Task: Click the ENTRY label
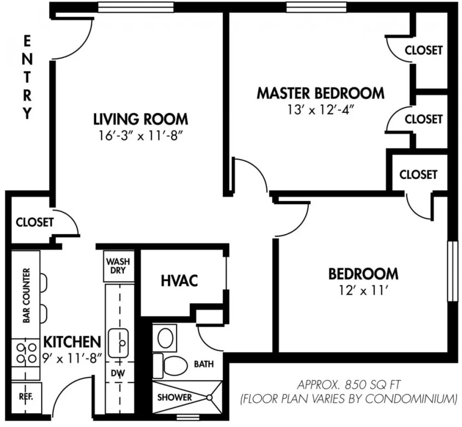click(27, 77)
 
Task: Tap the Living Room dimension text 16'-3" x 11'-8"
click(141, 136)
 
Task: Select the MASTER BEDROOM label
click(320, 93)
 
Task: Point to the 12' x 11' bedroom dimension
click(363, 291)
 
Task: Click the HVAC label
click(179, 280)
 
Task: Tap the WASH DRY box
click(118, 266)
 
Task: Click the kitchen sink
click(118, 343)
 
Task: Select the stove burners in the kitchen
click(26, 353)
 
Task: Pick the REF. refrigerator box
click(26, 398)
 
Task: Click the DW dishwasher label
click(118, 373)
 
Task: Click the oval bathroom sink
click(165, 338)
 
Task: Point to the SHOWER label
click(174, 398)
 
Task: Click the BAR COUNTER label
click(27, 295)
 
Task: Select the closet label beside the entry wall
click(34, 222)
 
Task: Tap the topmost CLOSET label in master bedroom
click(423, 50)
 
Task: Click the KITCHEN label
click(72, 342)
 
